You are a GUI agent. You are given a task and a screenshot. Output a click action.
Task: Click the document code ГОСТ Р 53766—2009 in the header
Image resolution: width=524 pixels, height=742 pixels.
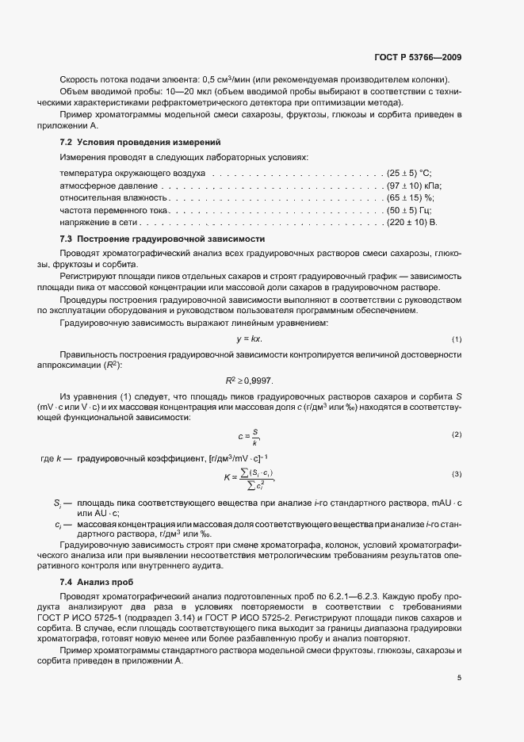(419, 57)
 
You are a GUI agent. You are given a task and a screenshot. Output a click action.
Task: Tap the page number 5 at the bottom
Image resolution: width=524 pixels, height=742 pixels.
(459, 677)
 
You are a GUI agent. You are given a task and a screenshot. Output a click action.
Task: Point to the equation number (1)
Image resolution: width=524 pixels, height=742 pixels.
(457, 340)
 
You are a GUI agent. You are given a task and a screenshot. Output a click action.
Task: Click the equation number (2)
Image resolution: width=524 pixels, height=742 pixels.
(457, 435)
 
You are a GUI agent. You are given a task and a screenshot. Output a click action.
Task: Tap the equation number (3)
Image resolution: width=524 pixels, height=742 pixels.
(457, 474)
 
